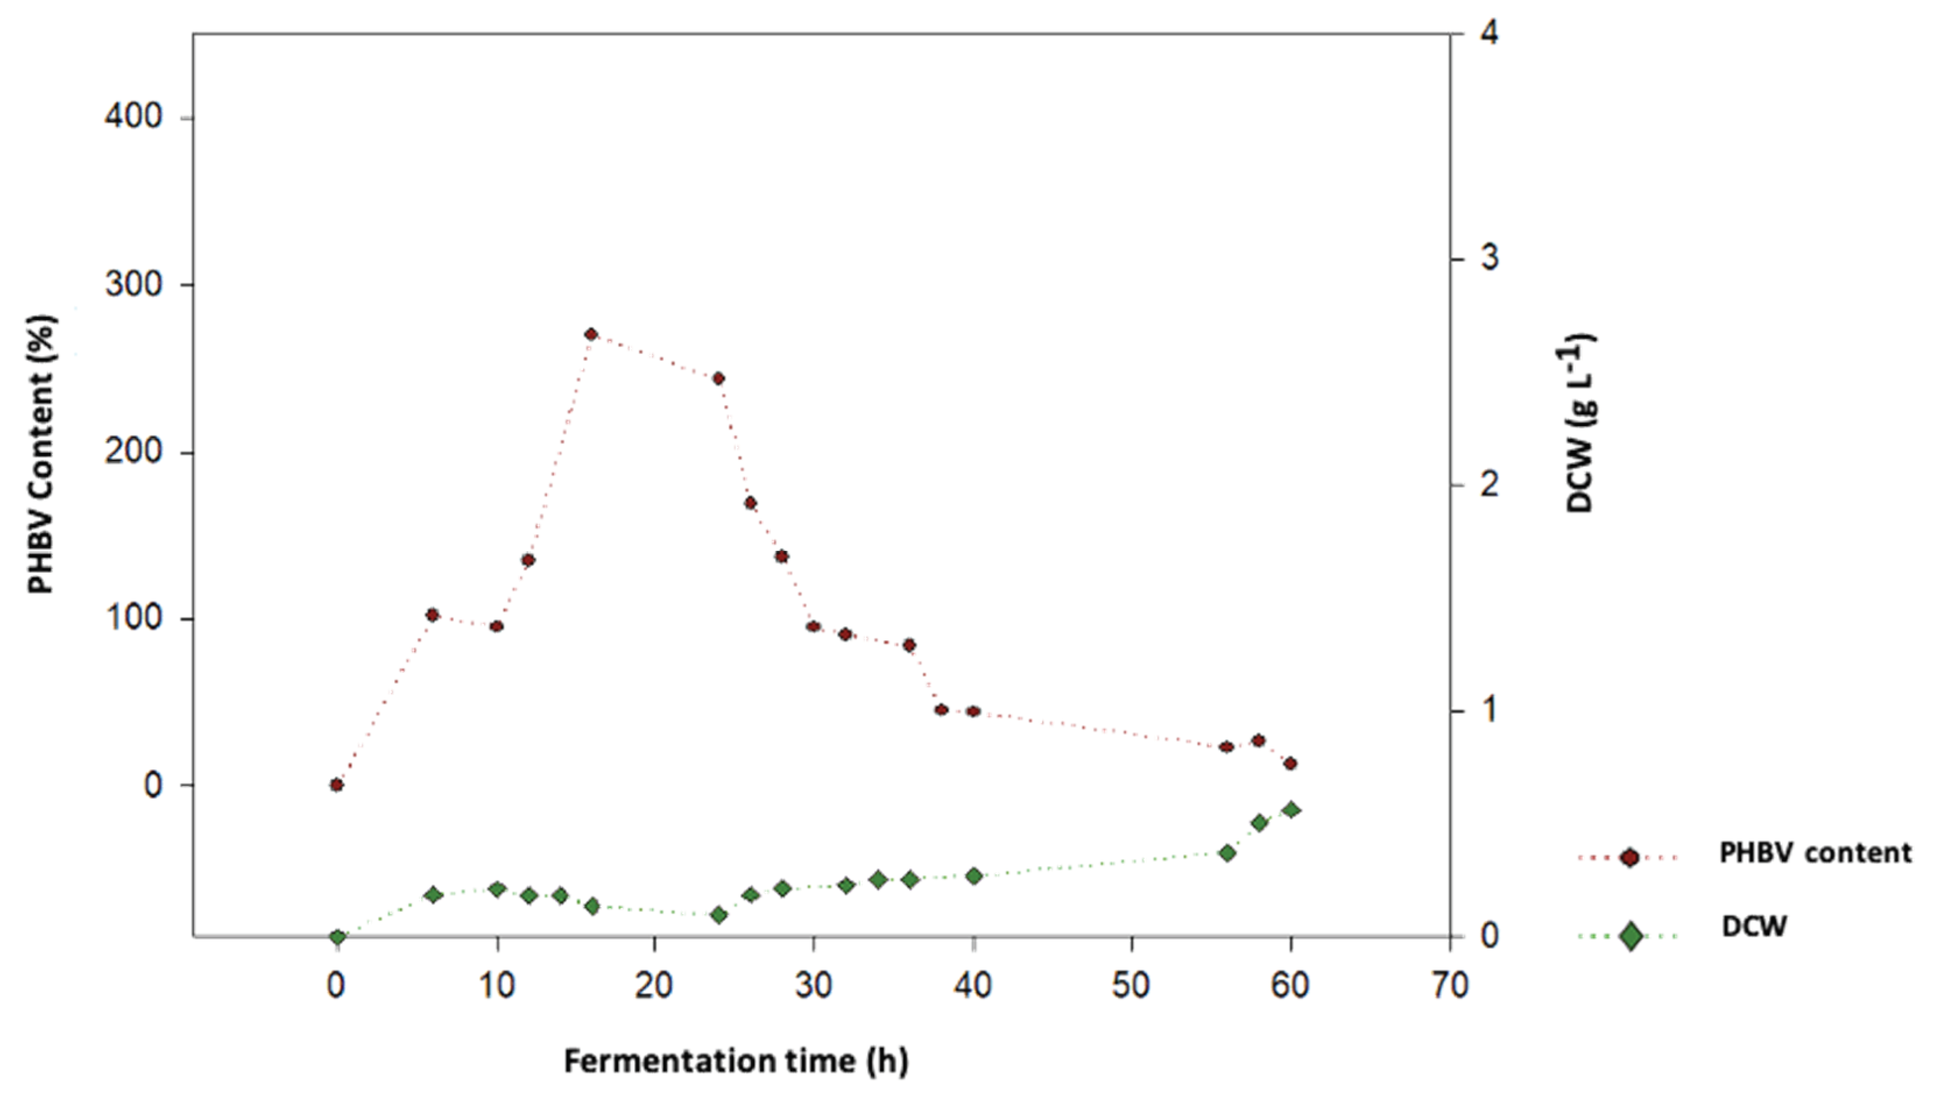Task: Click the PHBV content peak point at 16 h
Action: point(591,335)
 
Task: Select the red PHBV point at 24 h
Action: point(717,379)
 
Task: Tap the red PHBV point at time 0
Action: point(336,785)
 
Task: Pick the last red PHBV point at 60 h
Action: point(1291,764)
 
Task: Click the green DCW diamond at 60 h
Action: point(1291,810)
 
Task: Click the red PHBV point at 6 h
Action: point(432,615)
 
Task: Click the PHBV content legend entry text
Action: point(1815,853)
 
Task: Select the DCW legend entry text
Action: point(1754,926)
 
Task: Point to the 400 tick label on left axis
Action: point(134,118)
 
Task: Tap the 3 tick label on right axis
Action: point(1489,258)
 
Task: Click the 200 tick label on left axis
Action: point(134,451)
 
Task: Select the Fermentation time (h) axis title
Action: point(736,1061)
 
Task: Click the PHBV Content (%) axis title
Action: point(43,455)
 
